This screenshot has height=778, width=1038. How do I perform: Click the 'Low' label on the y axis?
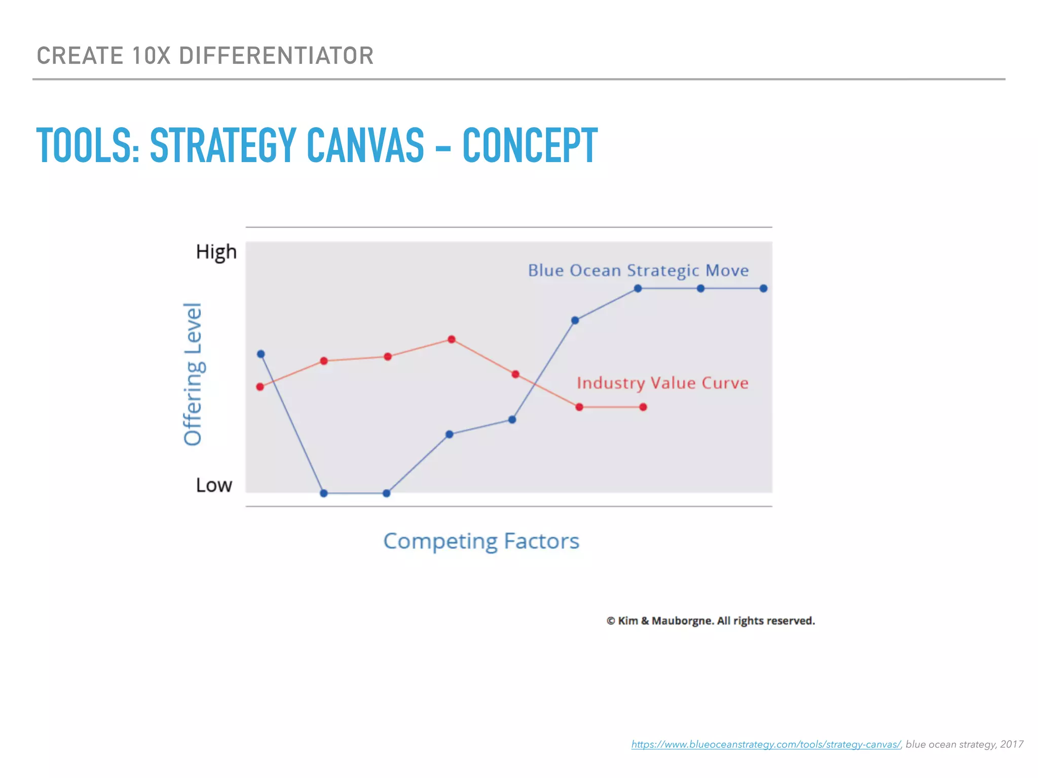coord(214,485)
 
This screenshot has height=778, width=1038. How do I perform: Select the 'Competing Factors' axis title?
coord(481,541)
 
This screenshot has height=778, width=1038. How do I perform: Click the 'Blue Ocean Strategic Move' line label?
coord(638,270)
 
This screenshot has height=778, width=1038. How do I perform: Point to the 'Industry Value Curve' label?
coord(662,383)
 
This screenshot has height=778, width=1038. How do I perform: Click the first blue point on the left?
coord(261,354)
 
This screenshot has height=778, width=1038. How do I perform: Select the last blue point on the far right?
coord(764,289)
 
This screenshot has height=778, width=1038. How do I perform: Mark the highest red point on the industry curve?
coord(452,339)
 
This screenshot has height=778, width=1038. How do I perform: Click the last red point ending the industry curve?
coord(643,407)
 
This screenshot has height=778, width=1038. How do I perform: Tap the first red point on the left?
coord(260,387)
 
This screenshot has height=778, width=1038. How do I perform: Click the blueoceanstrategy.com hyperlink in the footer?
coord(765,744)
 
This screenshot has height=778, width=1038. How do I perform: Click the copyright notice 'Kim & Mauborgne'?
coord(710,621)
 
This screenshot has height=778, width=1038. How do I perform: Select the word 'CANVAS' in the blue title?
coord(365,145)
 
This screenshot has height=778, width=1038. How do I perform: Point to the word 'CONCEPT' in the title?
coord(530,145)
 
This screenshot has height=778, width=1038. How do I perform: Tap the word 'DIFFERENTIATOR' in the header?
coord(276,56)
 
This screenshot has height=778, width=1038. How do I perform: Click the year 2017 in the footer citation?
coord(1012,744)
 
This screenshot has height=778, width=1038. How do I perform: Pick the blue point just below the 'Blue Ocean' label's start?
coord(638,289)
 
